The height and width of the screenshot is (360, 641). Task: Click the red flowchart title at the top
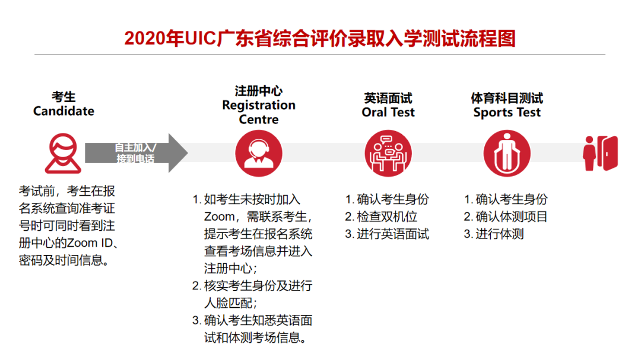(x=320, y=38)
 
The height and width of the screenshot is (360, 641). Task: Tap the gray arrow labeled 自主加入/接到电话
(x=136, y=153)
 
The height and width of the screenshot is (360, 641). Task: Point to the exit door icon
(x=601, y=153)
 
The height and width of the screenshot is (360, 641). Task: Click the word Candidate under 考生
(x=64, y=111)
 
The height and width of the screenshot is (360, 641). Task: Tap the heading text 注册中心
(x=258, y=91)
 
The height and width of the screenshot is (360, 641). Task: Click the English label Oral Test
(x=388, y=112)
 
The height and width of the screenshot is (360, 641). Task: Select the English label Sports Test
(x=507, y=112)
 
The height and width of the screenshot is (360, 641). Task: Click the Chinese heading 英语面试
(x=388, y=98)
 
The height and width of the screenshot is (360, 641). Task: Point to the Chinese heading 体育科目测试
(x=507, y=98)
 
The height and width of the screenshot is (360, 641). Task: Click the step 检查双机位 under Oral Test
(x=386, y=216)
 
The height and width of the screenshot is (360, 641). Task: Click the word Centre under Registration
(x=258, y=119)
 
